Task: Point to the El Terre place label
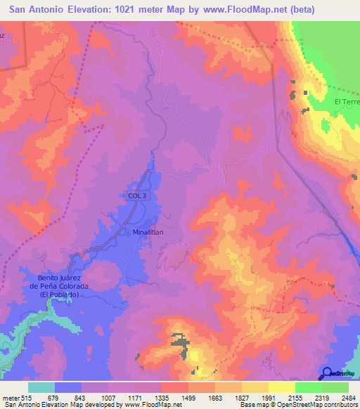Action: pyautogui.click(x=346, y=102)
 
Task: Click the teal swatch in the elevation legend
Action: pyautogui.click(x=41, y=387)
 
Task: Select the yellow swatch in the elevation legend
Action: pyautogui.click(x=282, y=387)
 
